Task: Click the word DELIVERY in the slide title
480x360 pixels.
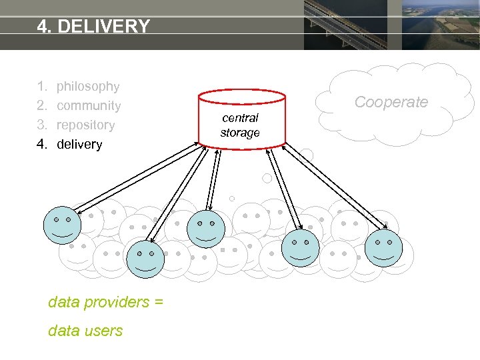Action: (103, 27)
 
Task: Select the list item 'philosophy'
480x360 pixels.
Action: (88, 86)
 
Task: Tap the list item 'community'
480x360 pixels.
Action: (89, 105)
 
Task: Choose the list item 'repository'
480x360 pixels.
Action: (85, 125)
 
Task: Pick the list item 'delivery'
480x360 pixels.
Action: (79, 144)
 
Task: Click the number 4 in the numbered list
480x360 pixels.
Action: (41, 144)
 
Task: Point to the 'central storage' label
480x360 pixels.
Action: (240, 125)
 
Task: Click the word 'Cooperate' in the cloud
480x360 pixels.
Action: (391, 102)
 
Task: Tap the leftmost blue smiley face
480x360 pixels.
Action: (62, 225)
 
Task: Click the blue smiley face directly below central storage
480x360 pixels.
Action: (206, 229)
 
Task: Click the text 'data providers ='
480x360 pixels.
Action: (105, 302)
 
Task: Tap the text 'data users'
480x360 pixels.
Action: (85, 331)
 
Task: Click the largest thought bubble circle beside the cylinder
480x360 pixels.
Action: (306, 156)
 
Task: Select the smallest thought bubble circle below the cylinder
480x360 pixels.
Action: (232, 198)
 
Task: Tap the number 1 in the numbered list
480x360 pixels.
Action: (41, 86)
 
